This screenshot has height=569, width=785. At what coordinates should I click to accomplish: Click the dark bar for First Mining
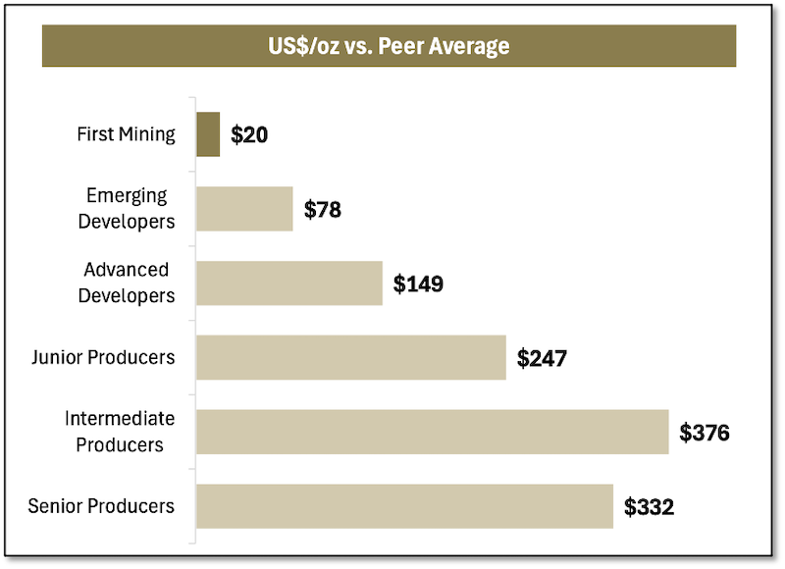click(x=208, y=134)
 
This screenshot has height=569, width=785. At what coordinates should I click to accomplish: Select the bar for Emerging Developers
click(x=244, y=208)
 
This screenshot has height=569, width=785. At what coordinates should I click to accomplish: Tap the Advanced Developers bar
click(x=289, y=283)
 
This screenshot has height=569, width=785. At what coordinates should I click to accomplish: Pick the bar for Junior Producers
click(x=350, y=357)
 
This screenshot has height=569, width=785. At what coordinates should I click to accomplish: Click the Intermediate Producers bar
click(x=432, y=432)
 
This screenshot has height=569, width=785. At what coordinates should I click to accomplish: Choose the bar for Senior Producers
click(x=404, y=506)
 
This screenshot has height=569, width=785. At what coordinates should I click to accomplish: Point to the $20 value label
click(x=249, y=134)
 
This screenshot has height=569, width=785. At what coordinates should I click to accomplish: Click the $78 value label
click(x=323, y=209)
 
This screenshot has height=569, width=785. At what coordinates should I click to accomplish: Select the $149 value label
click(x=418, y=284)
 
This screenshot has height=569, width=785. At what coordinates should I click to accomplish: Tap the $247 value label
click(x=542, y=358)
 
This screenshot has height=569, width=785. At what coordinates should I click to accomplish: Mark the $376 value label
click(x=705, y=433)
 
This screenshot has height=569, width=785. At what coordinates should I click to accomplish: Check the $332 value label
click(x=649, y=507)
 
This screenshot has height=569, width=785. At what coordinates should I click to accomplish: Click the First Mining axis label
click(x=126, y=134)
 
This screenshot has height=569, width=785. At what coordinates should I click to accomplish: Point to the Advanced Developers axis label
click(x=130, y=283)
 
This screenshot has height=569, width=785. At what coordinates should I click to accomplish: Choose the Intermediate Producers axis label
click(x=120, y=432)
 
